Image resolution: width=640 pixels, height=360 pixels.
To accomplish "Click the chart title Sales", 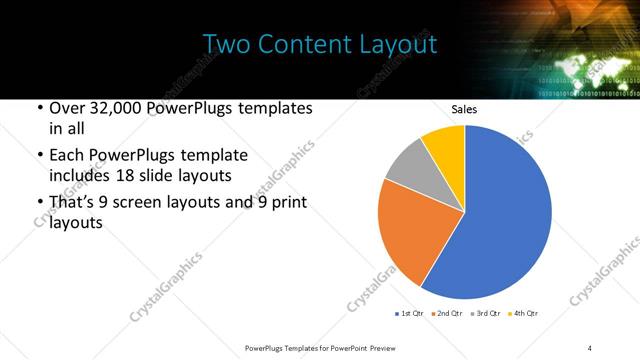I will click(x=464, y=108).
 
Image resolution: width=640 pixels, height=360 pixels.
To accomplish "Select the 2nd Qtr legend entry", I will click(x=449, y=314).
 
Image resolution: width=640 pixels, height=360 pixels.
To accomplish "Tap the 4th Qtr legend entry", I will click(x=524, y=314).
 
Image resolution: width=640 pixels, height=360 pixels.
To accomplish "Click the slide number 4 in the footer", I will click(x=590, y=347).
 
